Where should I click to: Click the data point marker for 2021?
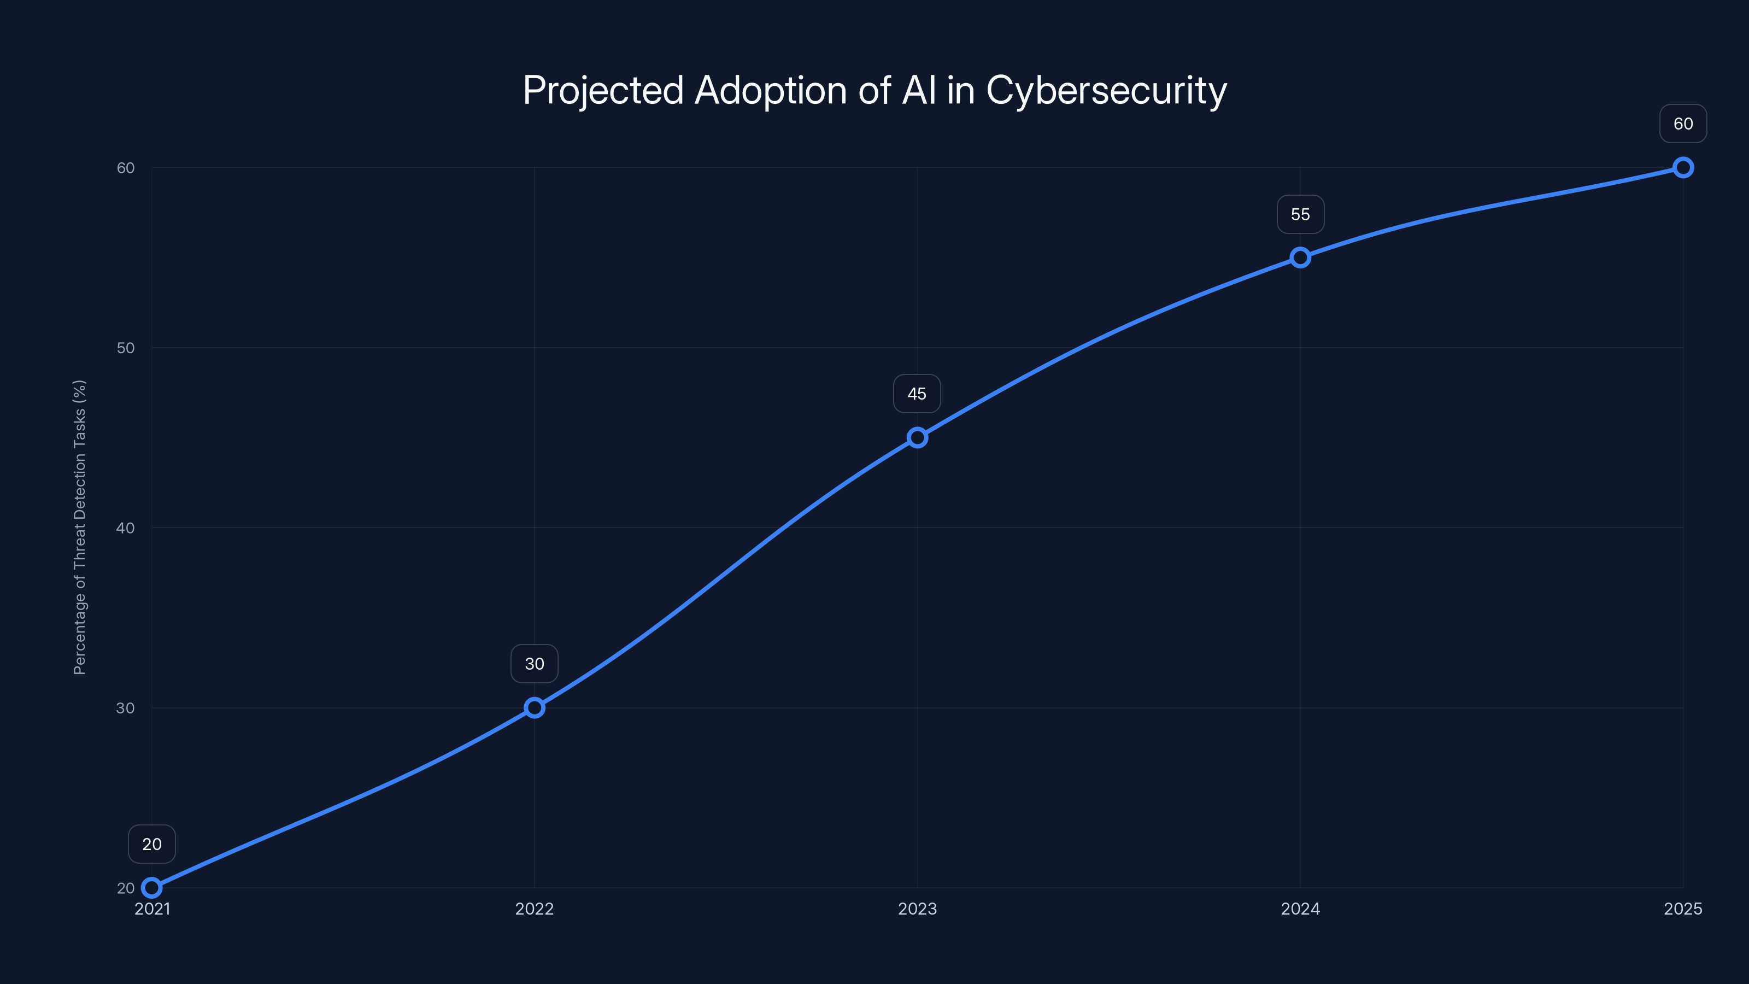(x=151, y=888)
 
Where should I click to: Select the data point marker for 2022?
(x=535, y=707)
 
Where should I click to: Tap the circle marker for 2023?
(x=917, y=437)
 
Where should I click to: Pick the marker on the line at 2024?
(x=1300, y=257)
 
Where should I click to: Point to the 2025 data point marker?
(x=1683, y=167)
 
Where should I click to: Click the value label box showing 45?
(x=917, y=394)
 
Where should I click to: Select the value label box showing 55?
(x=1300, y=215)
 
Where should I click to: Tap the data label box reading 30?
(x=535, y=664)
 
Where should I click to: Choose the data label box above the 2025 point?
(x=1683, y=124)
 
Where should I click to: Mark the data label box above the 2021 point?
(x=151, y=844)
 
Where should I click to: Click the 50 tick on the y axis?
(x=126, y=348)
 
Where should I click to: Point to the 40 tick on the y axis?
(x=126, y=528)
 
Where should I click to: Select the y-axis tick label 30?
(x=126, y=707)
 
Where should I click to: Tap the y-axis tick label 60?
(x=126, y=168)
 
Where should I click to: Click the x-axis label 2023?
(x=917, y=909)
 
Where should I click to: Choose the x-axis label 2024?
(x=1300, y=909)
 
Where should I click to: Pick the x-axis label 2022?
(x=535, y=909)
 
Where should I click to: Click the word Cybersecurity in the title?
(x=1106, y=90)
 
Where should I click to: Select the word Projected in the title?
(x=603, y=90)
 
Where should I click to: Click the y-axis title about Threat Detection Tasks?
(x=79, y=527)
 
